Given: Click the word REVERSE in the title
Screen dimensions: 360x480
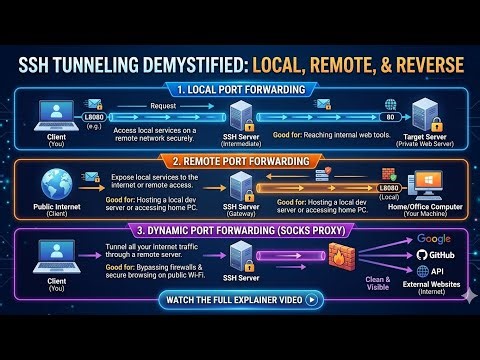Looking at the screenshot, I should pos(417,65).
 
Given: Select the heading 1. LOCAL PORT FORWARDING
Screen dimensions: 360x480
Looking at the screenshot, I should pos(240,90).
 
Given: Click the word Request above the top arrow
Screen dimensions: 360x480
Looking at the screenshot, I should pos(164,103).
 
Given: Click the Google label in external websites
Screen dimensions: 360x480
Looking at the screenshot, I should pos(434,239).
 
